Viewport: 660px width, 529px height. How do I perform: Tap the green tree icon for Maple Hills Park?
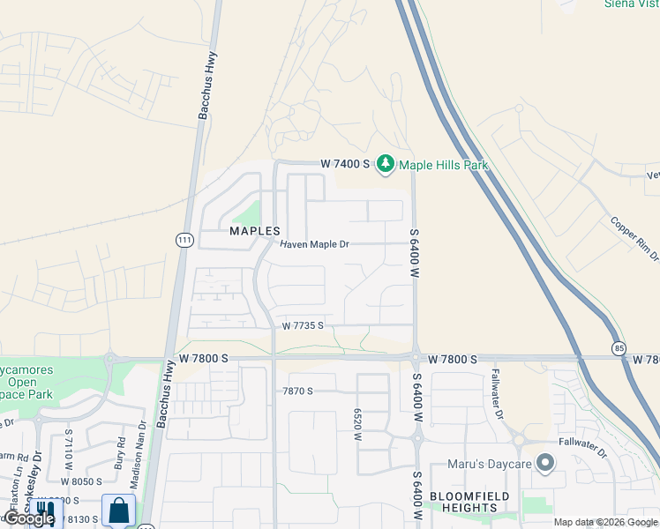point(385,164)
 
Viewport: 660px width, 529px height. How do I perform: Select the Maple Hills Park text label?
point(443,165)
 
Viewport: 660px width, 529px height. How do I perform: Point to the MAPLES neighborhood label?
point(254,231)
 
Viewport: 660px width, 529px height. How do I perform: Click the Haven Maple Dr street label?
point(315,244)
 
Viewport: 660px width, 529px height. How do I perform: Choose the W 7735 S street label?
point(303,325)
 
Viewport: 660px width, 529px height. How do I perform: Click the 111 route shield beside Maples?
point(184,240)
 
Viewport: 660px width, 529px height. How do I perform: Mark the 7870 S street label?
point(298,391)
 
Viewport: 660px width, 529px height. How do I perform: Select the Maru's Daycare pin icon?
point(545,462)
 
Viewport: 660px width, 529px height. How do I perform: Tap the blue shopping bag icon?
point(118,510)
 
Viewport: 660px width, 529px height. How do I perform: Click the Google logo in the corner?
point(29,518)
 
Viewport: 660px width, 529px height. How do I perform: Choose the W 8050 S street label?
point(81,482)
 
